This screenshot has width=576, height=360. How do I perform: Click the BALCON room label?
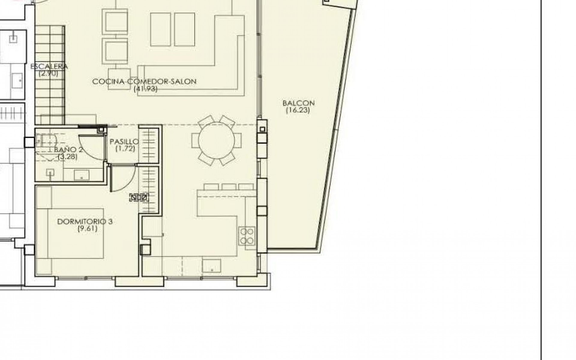(298, 103)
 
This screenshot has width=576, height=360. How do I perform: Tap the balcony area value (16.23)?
(298, 110)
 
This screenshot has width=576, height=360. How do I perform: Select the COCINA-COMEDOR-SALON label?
(144, 82)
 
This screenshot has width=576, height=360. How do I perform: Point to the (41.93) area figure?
(145, 88)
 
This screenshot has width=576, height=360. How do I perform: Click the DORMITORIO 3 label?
(85, 222)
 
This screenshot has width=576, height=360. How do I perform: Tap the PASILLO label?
(124, 142)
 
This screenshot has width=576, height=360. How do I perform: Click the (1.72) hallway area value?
(125, 148)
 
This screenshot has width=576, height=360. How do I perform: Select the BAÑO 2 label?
(68, 150)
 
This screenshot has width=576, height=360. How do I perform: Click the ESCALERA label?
(49, 66)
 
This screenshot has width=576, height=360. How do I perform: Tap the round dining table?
(216, 140)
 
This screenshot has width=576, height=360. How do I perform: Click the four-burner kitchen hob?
(247, 236)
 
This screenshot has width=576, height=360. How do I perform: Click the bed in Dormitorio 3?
(75, 233)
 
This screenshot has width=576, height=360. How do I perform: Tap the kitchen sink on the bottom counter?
(211, 266)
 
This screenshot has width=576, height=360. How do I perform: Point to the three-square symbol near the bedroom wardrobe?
(139, 198)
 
